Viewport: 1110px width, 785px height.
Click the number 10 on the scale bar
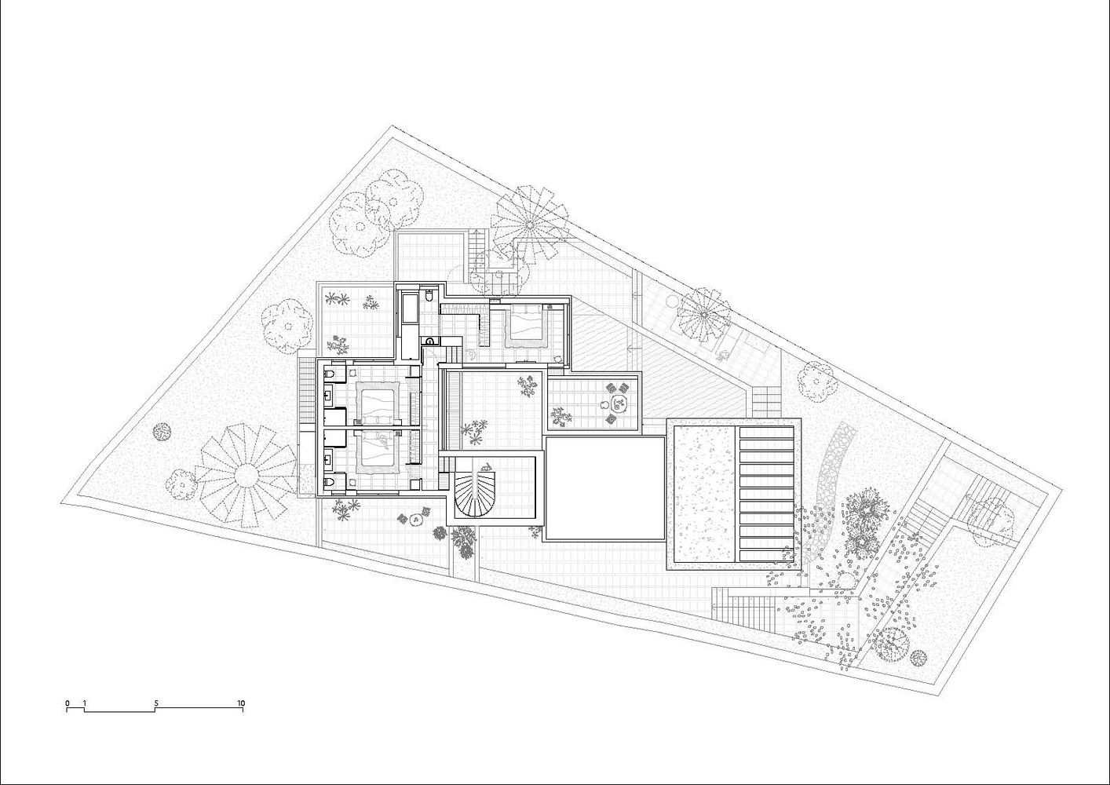coord(241,703)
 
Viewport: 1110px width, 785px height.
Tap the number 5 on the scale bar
coord(156,703)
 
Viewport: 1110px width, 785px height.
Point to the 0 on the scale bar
coord(67,703)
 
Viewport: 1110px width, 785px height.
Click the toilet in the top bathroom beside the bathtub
coord(429,296)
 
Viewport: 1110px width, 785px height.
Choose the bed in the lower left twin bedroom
coord(378,449)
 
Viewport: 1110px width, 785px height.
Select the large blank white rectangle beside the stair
coord(604,488)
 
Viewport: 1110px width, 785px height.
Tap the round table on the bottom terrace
coord(415,520)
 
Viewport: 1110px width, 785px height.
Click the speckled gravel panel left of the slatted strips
coord(704,494)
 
